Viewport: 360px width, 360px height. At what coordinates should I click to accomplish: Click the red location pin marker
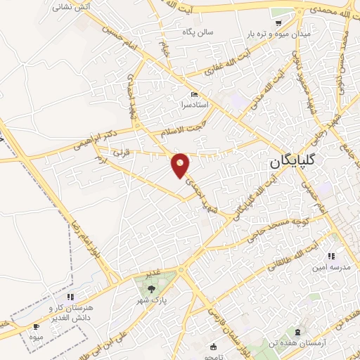tap(181, 165)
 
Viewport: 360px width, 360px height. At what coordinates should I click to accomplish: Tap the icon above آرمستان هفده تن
tap(299, 330)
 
